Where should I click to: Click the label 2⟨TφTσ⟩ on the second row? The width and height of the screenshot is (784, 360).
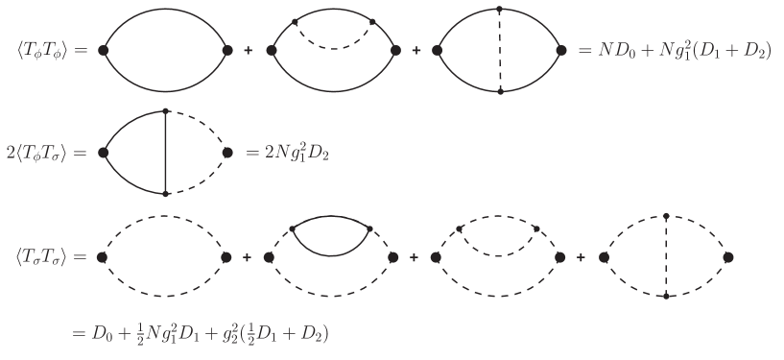tap(46, 153)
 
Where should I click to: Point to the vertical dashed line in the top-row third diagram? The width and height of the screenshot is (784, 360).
tap(501, 50)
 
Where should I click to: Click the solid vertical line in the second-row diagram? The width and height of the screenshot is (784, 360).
tap(167, 153)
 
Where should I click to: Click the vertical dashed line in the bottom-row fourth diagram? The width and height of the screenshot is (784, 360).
tap(666, 257)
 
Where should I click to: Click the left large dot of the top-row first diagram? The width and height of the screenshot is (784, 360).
tap(103, 50)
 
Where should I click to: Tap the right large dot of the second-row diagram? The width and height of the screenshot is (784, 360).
tap(228, 152)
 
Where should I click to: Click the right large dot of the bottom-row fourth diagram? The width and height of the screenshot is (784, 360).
tap(728, 257)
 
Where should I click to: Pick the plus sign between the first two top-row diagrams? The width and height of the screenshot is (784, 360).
tap(249, 50)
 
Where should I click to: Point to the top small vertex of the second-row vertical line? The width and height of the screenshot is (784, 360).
tap(167, 111)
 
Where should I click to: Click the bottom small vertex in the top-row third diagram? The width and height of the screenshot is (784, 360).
tap(501, 92)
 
